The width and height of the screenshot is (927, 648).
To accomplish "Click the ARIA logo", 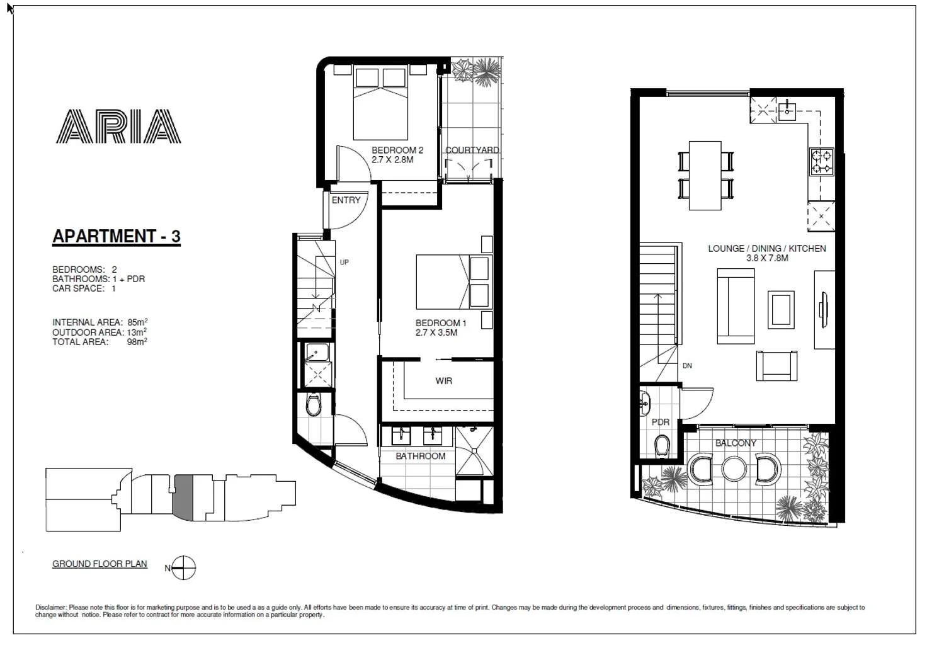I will pos(118,127).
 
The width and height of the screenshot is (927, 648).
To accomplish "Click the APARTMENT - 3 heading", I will pos(117,236).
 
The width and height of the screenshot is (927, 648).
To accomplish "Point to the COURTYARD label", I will pos(472,151).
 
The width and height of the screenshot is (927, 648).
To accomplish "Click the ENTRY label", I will pos(346,200).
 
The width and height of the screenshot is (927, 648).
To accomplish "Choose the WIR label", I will pos(443,381).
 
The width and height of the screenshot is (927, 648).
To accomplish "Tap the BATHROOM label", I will pos(420,456).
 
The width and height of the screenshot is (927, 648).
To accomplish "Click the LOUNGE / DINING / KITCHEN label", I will pos(766,249).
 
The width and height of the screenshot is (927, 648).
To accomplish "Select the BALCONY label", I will pos(736,443).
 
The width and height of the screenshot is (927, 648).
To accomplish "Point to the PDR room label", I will pos(660,422).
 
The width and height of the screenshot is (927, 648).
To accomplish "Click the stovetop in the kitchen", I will pos(821,161).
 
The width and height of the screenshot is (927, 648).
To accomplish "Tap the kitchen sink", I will pos(787,111).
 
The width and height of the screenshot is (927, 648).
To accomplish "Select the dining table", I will pos(705,175).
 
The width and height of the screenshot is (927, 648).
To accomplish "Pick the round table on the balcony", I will pos(734,469).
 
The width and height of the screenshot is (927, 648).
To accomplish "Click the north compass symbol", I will pos(183,568).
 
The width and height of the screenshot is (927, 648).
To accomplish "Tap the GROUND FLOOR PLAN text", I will pos(100,564).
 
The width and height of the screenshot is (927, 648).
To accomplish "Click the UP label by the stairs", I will pos(344,262).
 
